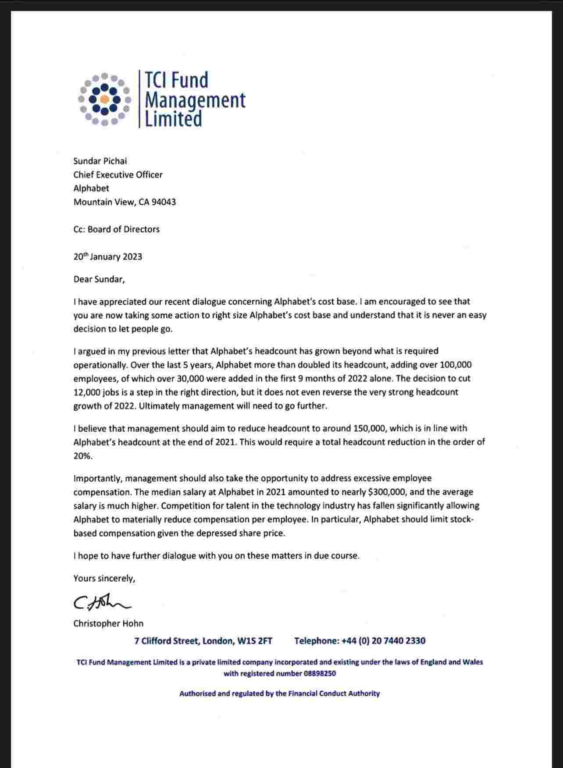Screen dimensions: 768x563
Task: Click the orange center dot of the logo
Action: (104, 100)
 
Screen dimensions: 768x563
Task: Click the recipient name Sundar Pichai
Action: (100, 161)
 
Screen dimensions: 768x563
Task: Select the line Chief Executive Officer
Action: (118, 174)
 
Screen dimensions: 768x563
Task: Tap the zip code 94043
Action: (164, 202)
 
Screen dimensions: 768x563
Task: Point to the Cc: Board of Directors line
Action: (117, 229)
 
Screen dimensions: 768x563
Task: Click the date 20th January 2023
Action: (108, 256)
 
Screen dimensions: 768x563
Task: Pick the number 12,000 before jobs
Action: (84, 392)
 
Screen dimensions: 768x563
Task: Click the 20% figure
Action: (82, 456)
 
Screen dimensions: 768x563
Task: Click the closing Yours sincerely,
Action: (104, 578)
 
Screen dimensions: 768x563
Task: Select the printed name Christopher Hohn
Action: (108, 623)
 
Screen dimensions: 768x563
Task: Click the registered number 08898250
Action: (320, 673)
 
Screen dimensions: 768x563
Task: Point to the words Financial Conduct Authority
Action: (334, 693)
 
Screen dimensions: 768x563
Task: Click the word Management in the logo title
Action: (195, 100)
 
